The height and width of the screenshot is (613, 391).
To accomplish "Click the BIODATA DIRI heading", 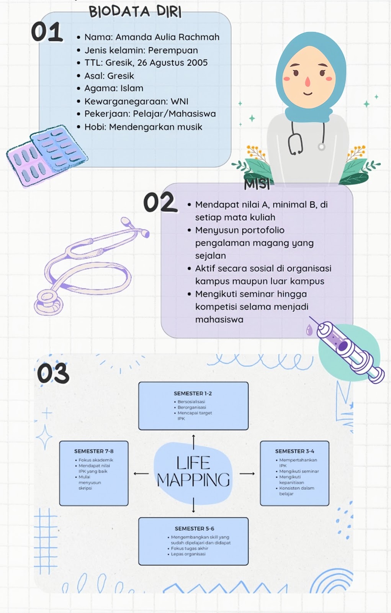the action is coord(135,12).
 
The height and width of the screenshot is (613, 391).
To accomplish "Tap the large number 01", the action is coord(47,32).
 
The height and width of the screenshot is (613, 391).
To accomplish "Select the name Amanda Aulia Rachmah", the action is coord(167,37).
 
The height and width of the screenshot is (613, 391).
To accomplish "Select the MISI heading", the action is coord(257,185).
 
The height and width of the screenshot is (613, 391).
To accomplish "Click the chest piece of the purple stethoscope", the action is coord(48,301).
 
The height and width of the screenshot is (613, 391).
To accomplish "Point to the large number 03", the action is coord(53,373).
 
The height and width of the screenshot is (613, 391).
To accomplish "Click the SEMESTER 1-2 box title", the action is coord(193,393).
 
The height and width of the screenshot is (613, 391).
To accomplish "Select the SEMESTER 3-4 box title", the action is coord(294,451).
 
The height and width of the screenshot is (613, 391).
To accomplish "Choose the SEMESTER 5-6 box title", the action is coord(194,529).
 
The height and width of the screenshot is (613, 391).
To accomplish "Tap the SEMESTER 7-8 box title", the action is coord(94,451).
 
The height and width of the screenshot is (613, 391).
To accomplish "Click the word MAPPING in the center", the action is coord(193,480).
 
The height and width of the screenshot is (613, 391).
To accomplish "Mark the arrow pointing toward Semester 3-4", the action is coord(247,474).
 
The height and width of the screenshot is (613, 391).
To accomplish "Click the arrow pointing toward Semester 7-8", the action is coord(141,474).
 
